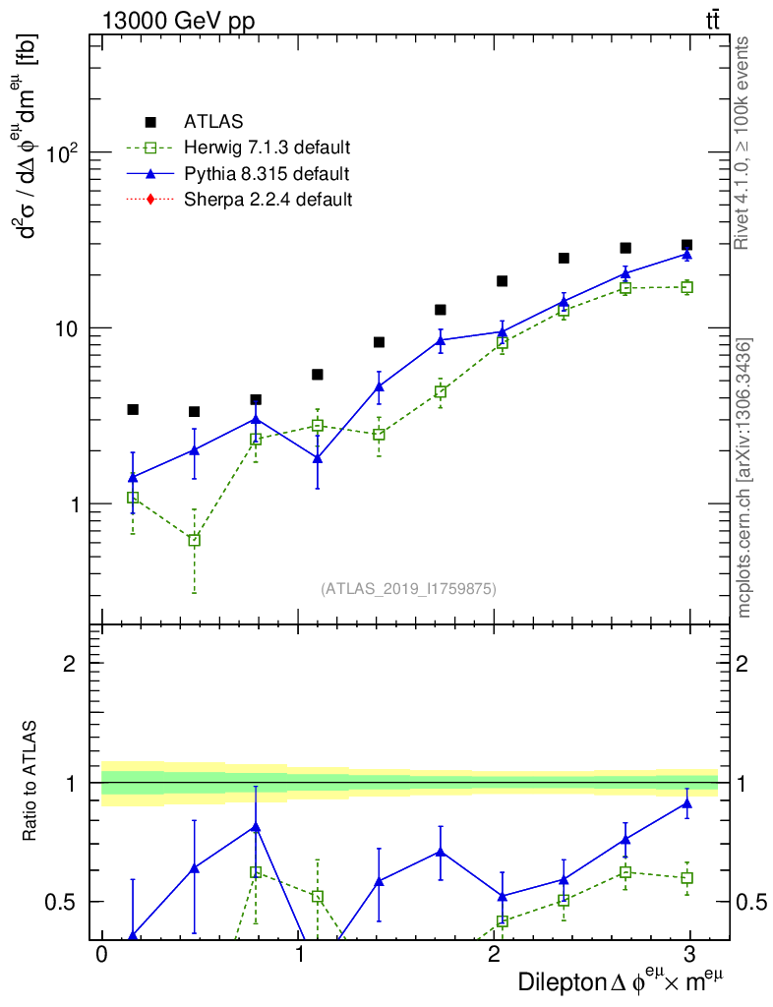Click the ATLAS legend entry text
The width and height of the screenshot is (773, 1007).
click(213, 123)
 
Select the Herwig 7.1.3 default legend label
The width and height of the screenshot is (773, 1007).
click(268, 148)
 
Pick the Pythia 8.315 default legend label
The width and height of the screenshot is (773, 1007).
click(267, 175)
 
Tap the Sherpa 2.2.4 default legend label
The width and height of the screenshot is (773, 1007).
click(268, 201)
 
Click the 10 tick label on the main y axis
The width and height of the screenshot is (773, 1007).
click(65, 328)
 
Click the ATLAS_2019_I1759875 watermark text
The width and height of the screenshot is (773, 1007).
click(408, 589)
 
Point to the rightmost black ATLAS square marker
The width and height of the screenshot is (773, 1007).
click(686, 245)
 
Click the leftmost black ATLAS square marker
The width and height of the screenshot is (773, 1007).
click(133, 409)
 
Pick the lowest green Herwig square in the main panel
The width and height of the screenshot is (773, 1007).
click(194, 540)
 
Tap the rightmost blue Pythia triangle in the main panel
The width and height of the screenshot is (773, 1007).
click(686, 254)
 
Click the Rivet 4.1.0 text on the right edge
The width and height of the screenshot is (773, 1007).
click(744, 143)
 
